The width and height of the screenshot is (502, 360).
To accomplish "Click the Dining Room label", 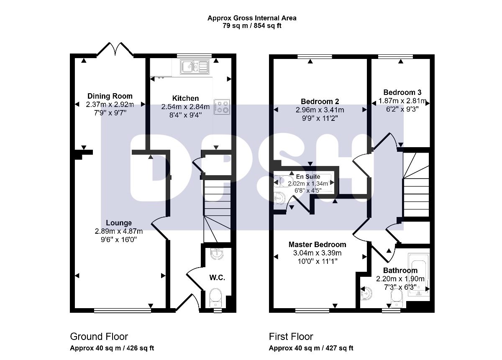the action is [x=110, y=96].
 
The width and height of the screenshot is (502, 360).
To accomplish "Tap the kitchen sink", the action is [x=195, y=66].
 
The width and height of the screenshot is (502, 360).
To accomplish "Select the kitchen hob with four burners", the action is [x=222, y=107].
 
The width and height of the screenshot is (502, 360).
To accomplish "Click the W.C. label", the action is [x=217, y=278].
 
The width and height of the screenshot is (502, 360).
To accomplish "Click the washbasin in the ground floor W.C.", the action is [x=217, y=254].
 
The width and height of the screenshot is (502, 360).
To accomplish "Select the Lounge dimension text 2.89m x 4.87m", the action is [x=119, y=231].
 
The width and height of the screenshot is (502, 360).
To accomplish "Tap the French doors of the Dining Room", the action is [x=115, y=49].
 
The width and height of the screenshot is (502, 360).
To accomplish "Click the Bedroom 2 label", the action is [x=320, y=102].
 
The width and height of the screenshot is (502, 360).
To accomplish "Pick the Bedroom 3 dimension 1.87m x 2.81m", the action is [x=402, y=101].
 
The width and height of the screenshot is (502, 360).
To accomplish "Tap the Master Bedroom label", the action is [x=318, y=245].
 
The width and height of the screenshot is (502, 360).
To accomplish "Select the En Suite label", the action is [x=308, y=176].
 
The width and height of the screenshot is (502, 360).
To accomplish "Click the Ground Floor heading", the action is [x=99, y=337].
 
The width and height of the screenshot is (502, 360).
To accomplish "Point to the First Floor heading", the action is [x=291, y=337].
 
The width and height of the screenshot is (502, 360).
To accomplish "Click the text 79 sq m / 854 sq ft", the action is [x=252, y=26].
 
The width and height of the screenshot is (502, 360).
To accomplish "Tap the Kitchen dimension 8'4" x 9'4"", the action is [x=185, y=115].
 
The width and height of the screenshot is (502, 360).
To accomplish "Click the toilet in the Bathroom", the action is [x=397, y=299].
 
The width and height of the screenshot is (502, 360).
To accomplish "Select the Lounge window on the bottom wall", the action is [x=122, y=310].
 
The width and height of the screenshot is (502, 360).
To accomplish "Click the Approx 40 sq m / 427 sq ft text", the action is [x=311, y=348].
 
